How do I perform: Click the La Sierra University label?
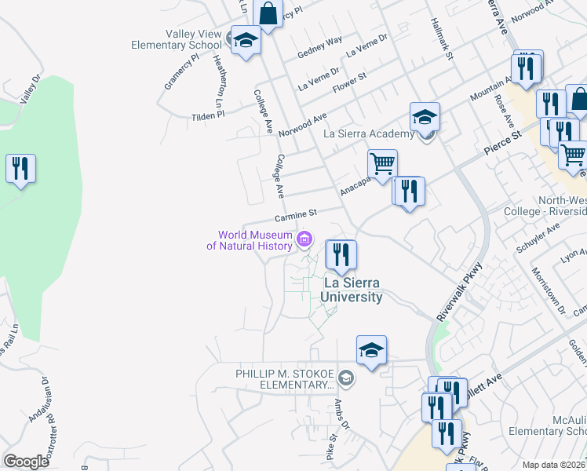coord(352,290)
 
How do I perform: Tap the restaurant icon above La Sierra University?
coord(341,255)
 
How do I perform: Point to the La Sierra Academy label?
coord(369,133)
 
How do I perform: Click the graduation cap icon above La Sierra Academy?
coord(425,117)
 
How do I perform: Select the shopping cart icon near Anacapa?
coord(382,165)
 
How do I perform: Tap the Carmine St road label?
coord(295,214)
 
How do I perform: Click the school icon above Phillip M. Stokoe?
coord(371,350)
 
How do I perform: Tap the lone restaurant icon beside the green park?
coord(20,169)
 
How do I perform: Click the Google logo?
coord(27,462)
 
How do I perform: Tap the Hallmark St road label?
coord(442,41)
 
